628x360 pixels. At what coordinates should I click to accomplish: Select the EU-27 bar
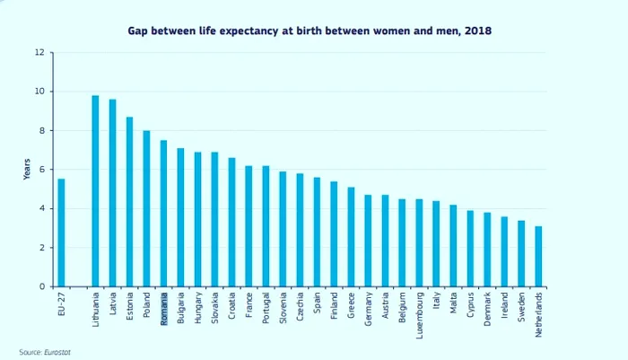click(x=61, y=233)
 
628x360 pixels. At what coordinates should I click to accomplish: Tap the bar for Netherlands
click(x=538, y=257)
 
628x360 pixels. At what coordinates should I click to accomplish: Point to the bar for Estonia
click(x=129, y=202)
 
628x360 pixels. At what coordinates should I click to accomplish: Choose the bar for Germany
click(x=368, y=241)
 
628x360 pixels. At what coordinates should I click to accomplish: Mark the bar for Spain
click(x=317, y=232)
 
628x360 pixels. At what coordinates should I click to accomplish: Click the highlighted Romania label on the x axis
click(x=163, y=308)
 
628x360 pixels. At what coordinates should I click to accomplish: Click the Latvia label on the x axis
click(x=112, y=304)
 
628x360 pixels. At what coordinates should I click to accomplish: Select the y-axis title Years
click(x=26, y=170)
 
